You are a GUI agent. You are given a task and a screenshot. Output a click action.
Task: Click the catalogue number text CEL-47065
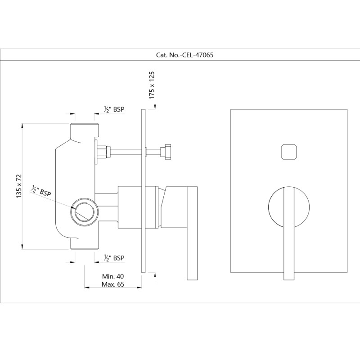coord(198,55)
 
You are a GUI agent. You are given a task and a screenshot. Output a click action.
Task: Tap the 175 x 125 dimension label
coord(152,85)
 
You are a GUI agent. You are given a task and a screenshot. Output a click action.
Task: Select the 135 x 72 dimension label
coord(19,186)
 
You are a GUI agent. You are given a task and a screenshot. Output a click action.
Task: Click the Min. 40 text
coord(113,276)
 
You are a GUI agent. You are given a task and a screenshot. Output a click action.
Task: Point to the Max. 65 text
coord(113,284)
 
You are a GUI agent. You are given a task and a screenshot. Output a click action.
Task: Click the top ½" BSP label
coord(114,109)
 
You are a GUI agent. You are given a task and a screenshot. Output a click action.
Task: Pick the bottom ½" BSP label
coord(114,258)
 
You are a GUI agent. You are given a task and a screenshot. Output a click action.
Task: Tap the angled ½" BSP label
coord(41,190)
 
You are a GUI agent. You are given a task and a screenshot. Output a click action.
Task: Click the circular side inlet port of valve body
coord(85,210)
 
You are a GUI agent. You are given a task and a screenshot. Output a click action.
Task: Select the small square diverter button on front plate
coord(289,152)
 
